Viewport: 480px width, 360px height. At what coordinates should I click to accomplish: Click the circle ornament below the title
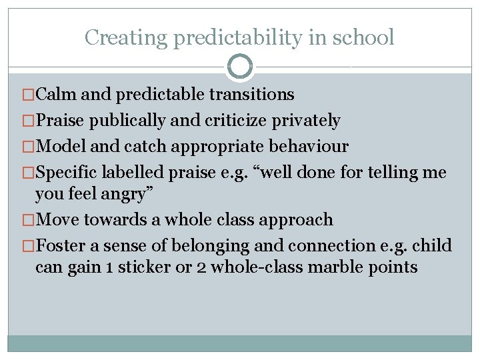(x=240, y=67)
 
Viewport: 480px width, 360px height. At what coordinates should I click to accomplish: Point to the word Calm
(x=56, y=94)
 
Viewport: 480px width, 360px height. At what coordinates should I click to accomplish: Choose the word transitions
(x=251, y=94)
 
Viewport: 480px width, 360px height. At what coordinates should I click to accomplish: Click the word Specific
(x=66, y=173)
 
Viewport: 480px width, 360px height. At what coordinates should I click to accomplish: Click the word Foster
(x=61, y=246)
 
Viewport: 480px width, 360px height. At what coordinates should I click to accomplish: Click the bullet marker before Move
(x=29, y=220)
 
